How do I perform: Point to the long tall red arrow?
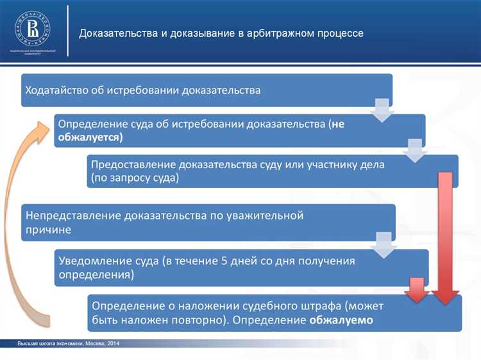tap(444, 237)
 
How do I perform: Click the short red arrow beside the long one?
tap(417, 290)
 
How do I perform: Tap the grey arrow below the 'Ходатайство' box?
tap(382, 110)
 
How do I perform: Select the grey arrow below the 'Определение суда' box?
tap(414, 151)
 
